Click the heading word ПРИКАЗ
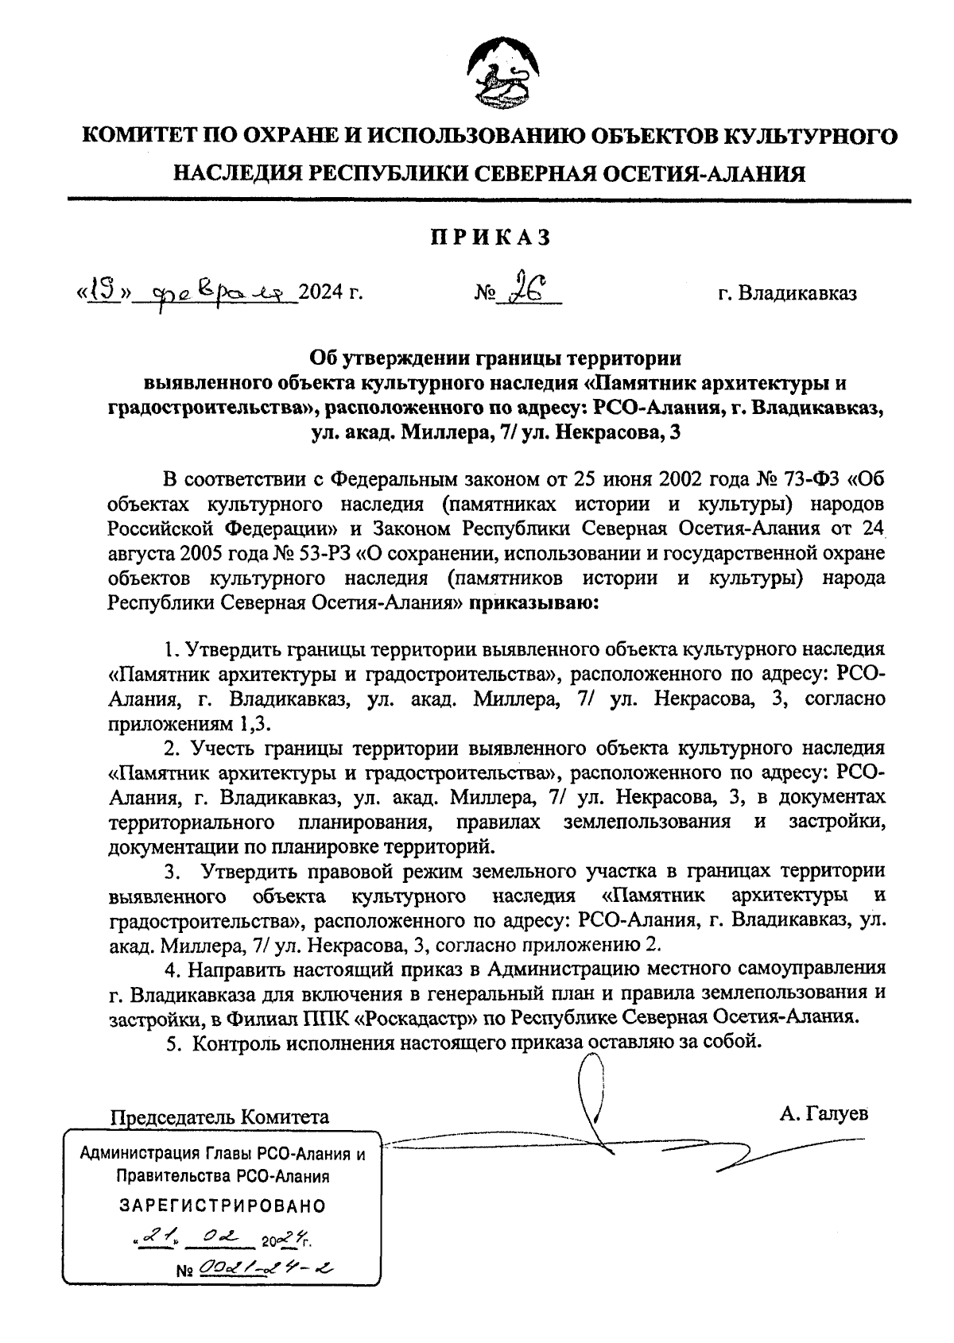tap(491, 236)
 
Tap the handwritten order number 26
tap(527, 290)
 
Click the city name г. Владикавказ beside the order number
tap(787, 294)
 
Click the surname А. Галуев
tap(824, 1113)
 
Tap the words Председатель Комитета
tap(219, 1117)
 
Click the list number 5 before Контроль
tap(173, 1043)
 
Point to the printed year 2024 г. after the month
tap(332, 294)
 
